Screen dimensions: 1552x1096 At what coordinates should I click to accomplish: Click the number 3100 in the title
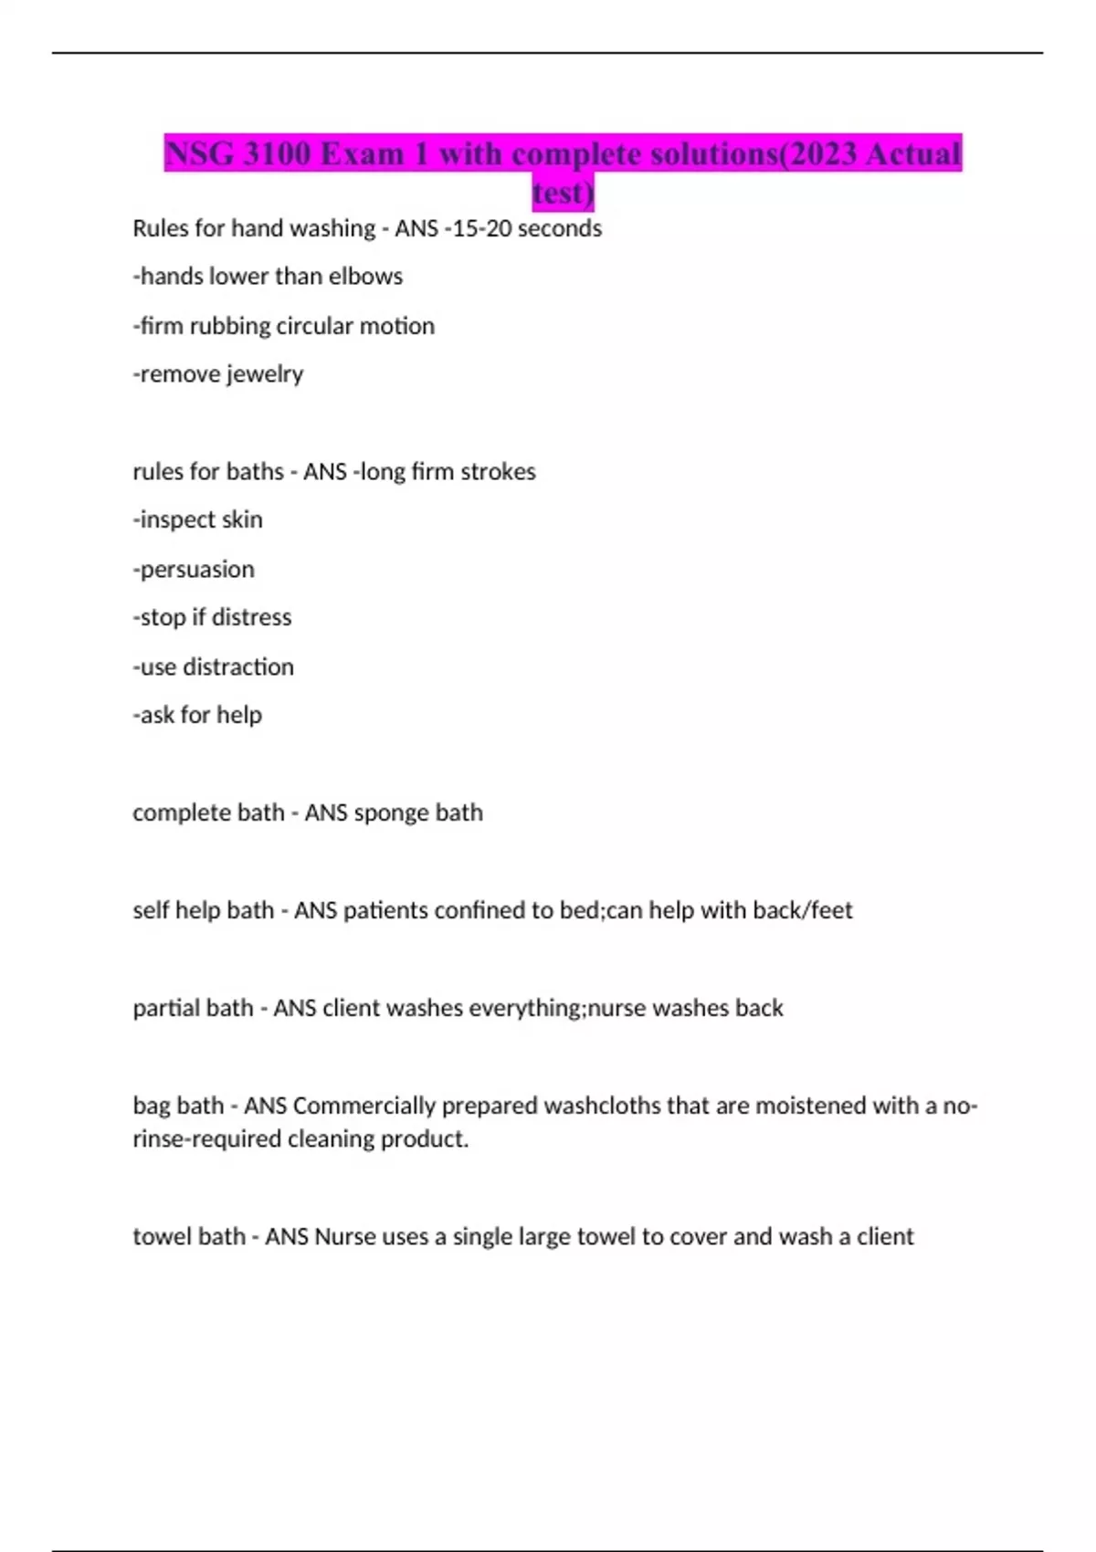tap(277, 153)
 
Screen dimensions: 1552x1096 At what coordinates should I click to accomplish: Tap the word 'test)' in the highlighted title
tap(563, 193)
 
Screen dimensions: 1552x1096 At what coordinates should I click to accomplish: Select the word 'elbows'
tap(365, 277)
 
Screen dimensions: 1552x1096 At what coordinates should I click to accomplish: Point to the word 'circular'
tap(315, 326)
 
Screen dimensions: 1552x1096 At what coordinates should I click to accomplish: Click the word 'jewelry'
tap(264, 374)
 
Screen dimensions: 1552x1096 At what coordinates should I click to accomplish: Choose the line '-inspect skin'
tap(197, 519)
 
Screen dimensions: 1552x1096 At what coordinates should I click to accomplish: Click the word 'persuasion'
tap(196, 570)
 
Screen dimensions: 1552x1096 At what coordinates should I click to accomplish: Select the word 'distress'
tap(251, 617)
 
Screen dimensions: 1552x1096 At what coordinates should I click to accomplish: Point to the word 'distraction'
tap(238, 667)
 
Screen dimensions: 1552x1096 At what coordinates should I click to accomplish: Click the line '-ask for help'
tap(197, 715)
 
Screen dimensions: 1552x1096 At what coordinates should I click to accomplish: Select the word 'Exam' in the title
tap(362, 153)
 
